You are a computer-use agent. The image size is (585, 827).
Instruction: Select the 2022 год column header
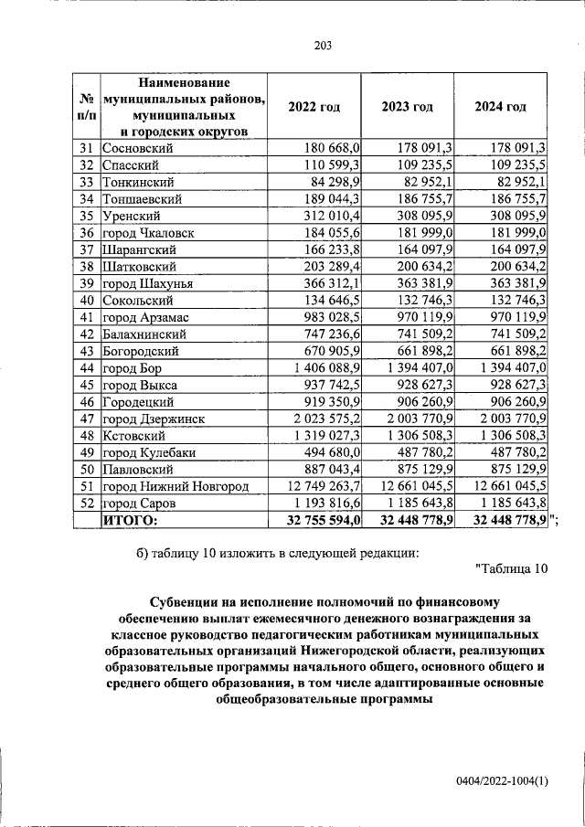(314, 107)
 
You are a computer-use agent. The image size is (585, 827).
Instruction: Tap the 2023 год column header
(408, 107)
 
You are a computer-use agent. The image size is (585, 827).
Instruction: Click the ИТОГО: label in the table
(130, 520)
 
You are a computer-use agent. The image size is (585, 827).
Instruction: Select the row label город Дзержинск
(153, 419)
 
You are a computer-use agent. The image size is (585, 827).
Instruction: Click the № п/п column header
(87, 107)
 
